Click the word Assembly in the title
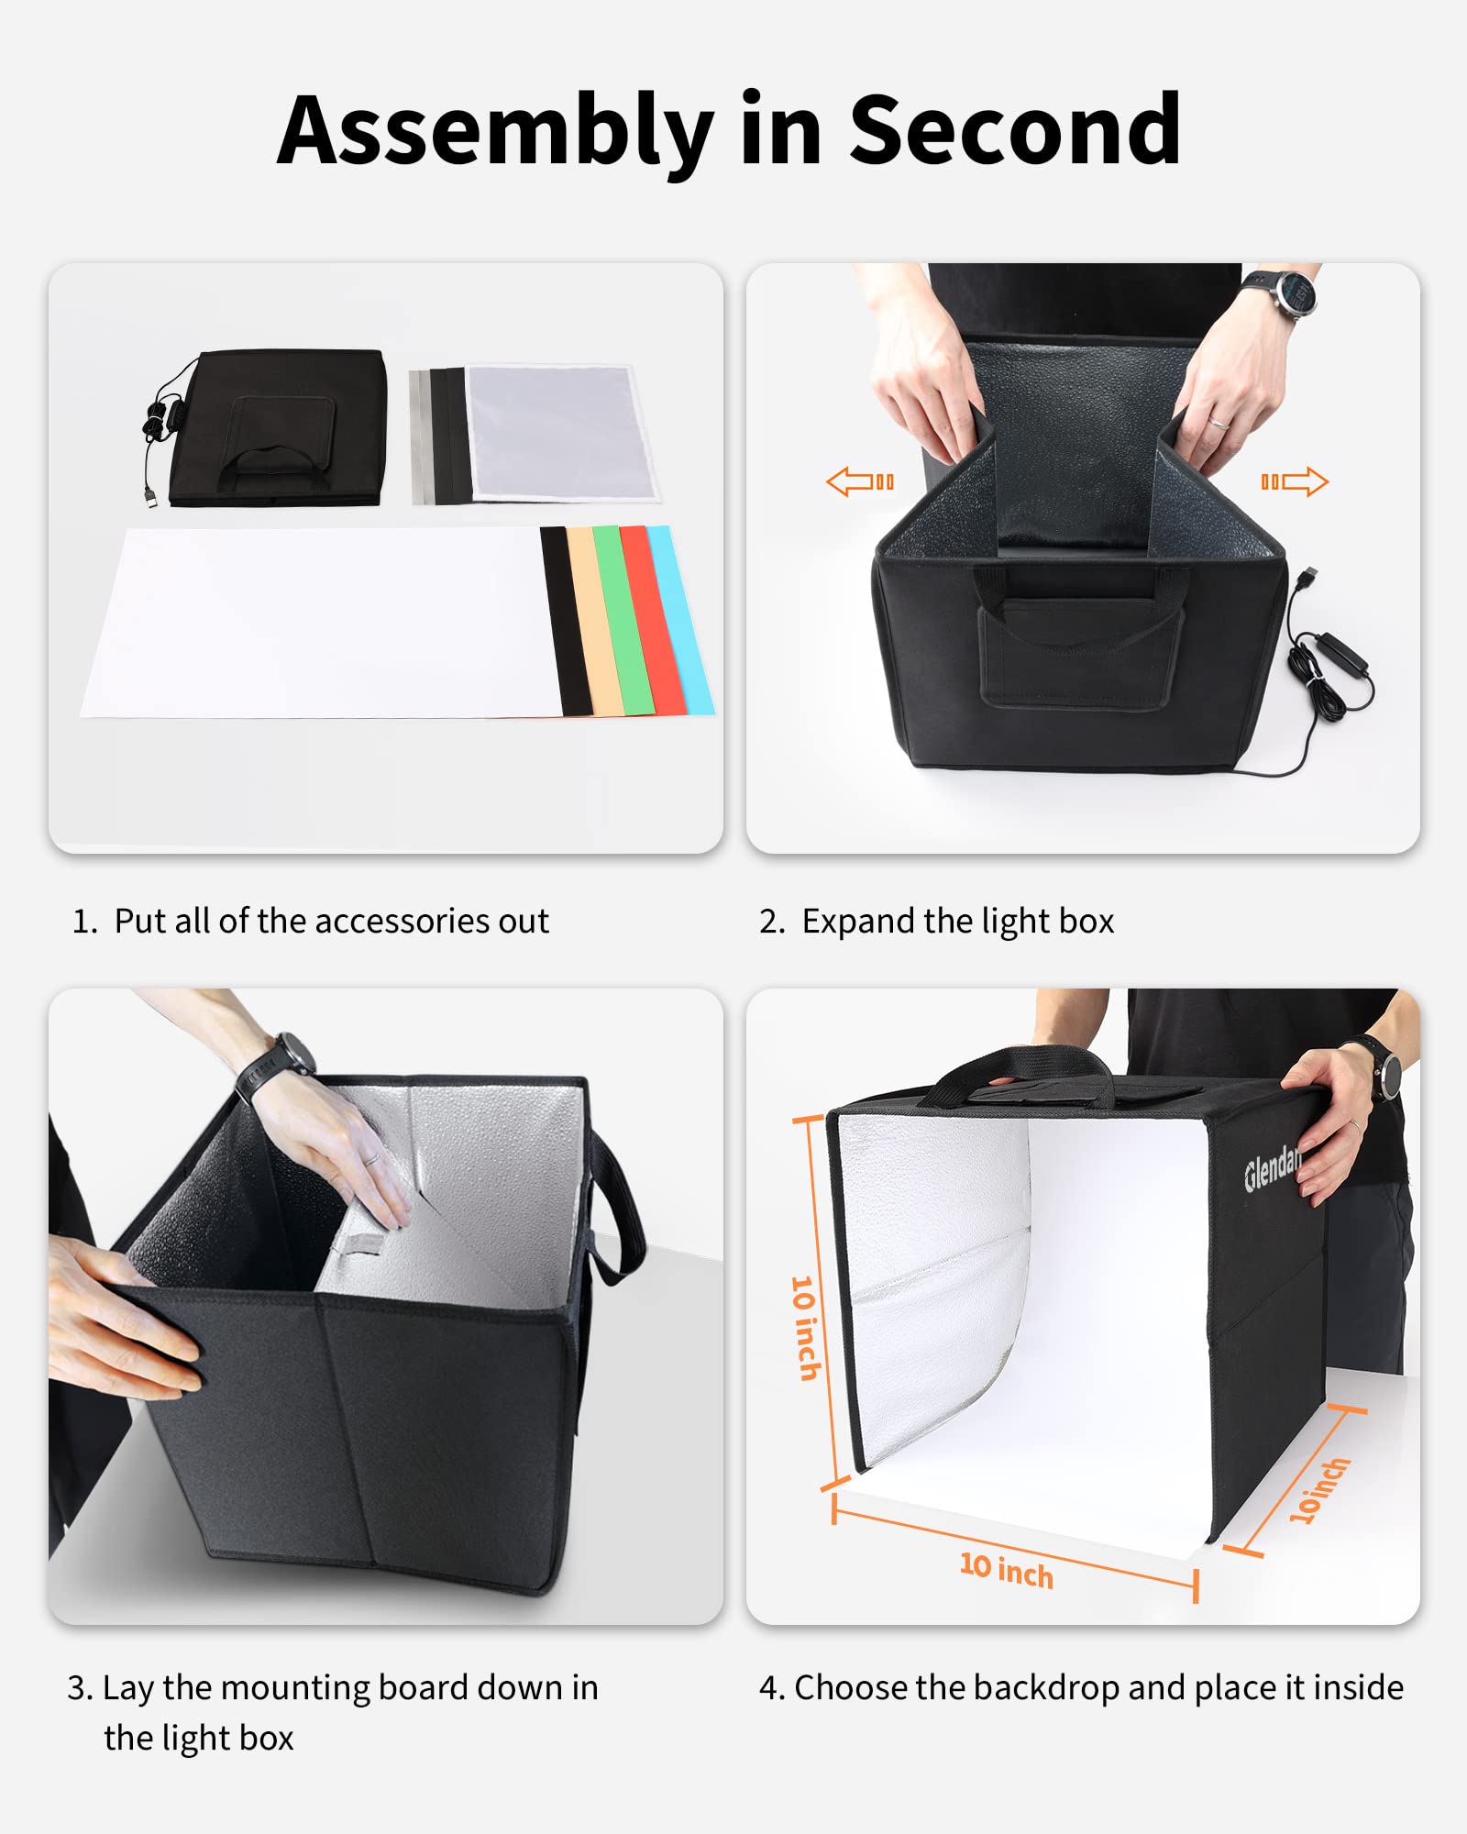(495, 130)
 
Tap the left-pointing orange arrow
(859, 481)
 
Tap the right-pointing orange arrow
(1295, 481)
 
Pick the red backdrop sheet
(652, 620)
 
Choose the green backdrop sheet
(623, 620)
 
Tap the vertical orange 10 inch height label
(805, 1328)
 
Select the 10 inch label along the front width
(1006, 1571)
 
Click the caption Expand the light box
(957, 921)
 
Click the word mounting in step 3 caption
(295, 1688)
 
